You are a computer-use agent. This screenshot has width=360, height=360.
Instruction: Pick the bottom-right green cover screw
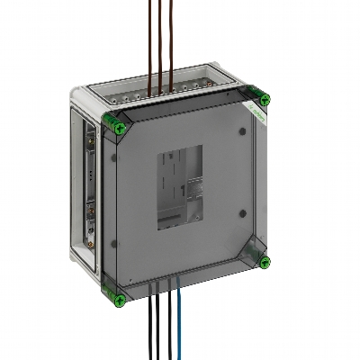click(x=264, y=262)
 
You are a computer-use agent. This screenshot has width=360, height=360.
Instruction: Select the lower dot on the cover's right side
click(x=244, y=214)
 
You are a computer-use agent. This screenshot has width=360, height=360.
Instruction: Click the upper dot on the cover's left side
click(x=114, y=157)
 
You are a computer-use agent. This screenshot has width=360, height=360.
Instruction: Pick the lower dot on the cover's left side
click(x=114, y=245)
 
